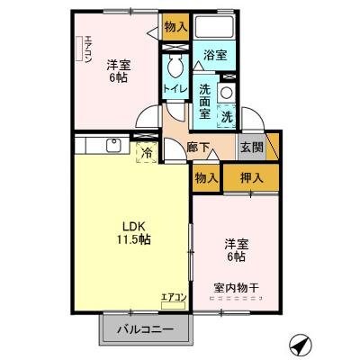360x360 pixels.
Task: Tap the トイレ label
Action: [x=175, y=88]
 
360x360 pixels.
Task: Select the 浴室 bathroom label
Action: [x=214, y=56]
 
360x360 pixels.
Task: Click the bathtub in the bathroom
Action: [x=214, y=28]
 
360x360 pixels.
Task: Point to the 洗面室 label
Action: [x=204, y=102]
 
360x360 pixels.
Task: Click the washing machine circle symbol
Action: [x=227, y=93]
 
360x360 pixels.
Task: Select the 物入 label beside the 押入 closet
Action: [x=206, y=177]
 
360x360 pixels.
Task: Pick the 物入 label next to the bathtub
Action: [x=175, y=27]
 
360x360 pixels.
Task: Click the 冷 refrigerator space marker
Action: [x=145, y=153]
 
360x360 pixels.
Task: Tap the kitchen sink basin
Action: [x=114, y=144]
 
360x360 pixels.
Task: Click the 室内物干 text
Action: [x=236, y=288]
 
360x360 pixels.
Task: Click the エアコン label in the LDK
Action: [x=174, y=296]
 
